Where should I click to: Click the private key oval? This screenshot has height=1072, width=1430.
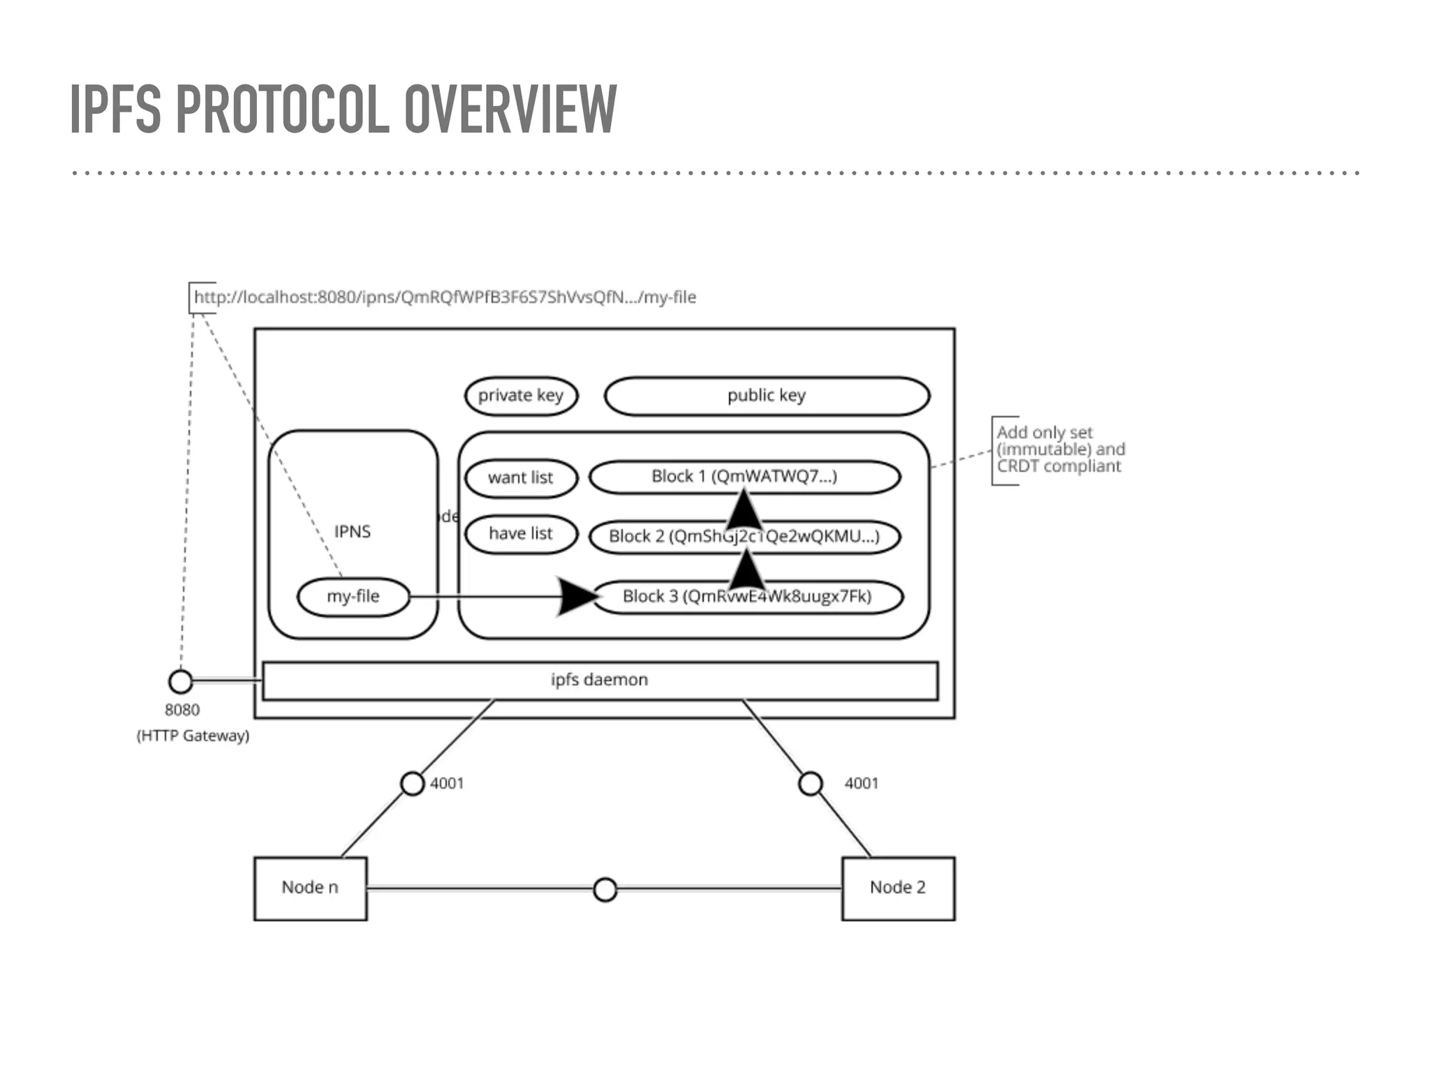pyautogui.click(x=521, y=396)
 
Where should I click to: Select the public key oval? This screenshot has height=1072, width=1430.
pyautogui.click(x=766, y=396)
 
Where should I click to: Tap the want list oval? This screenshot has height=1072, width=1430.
pyautogui.click(x=521, y=478)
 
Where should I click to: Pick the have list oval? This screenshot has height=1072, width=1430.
pyautogui.click(x=521, y=534)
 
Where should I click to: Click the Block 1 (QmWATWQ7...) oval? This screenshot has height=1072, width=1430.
pyautogui.click(x=744, y=477)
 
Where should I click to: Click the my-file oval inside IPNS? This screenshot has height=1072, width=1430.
pyautogui.click(x=353, y=597)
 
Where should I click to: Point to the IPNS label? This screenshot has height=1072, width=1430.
pyautogui.click(x=353, y=532)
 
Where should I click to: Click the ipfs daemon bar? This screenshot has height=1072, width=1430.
pyautogui.click(x=599, y=680)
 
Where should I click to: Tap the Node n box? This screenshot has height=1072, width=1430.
pyautogui.click(x=310, y=888)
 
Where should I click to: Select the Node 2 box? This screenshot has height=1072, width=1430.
pyautogui.click(x=898, y=888)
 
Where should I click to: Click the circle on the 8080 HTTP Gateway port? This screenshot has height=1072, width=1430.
pyautogui.click(x=181, y=681)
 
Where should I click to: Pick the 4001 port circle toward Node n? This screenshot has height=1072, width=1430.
pyautogui.click(x=412, y=784)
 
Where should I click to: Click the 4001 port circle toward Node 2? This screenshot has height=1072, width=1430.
pyautogui.click(x=810, y=784)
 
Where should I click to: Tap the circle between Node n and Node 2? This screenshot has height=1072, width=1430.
pyautogui.click(x=605, y=890)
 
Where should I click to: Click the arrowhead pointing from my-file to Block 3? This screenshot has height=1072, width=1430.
pyautogui.click(x=579, y=597)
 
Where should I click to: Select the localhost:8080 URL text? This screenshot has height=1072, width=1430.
pyautogui.click(x=445, y=297)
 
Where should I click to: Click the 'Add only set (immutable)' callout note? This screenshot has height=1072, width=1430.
pyautogui.click(x=1059, y=449)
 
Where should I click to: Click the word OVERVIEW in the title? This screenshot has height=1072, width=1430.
pyautogui.click(x=510, y=109)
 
